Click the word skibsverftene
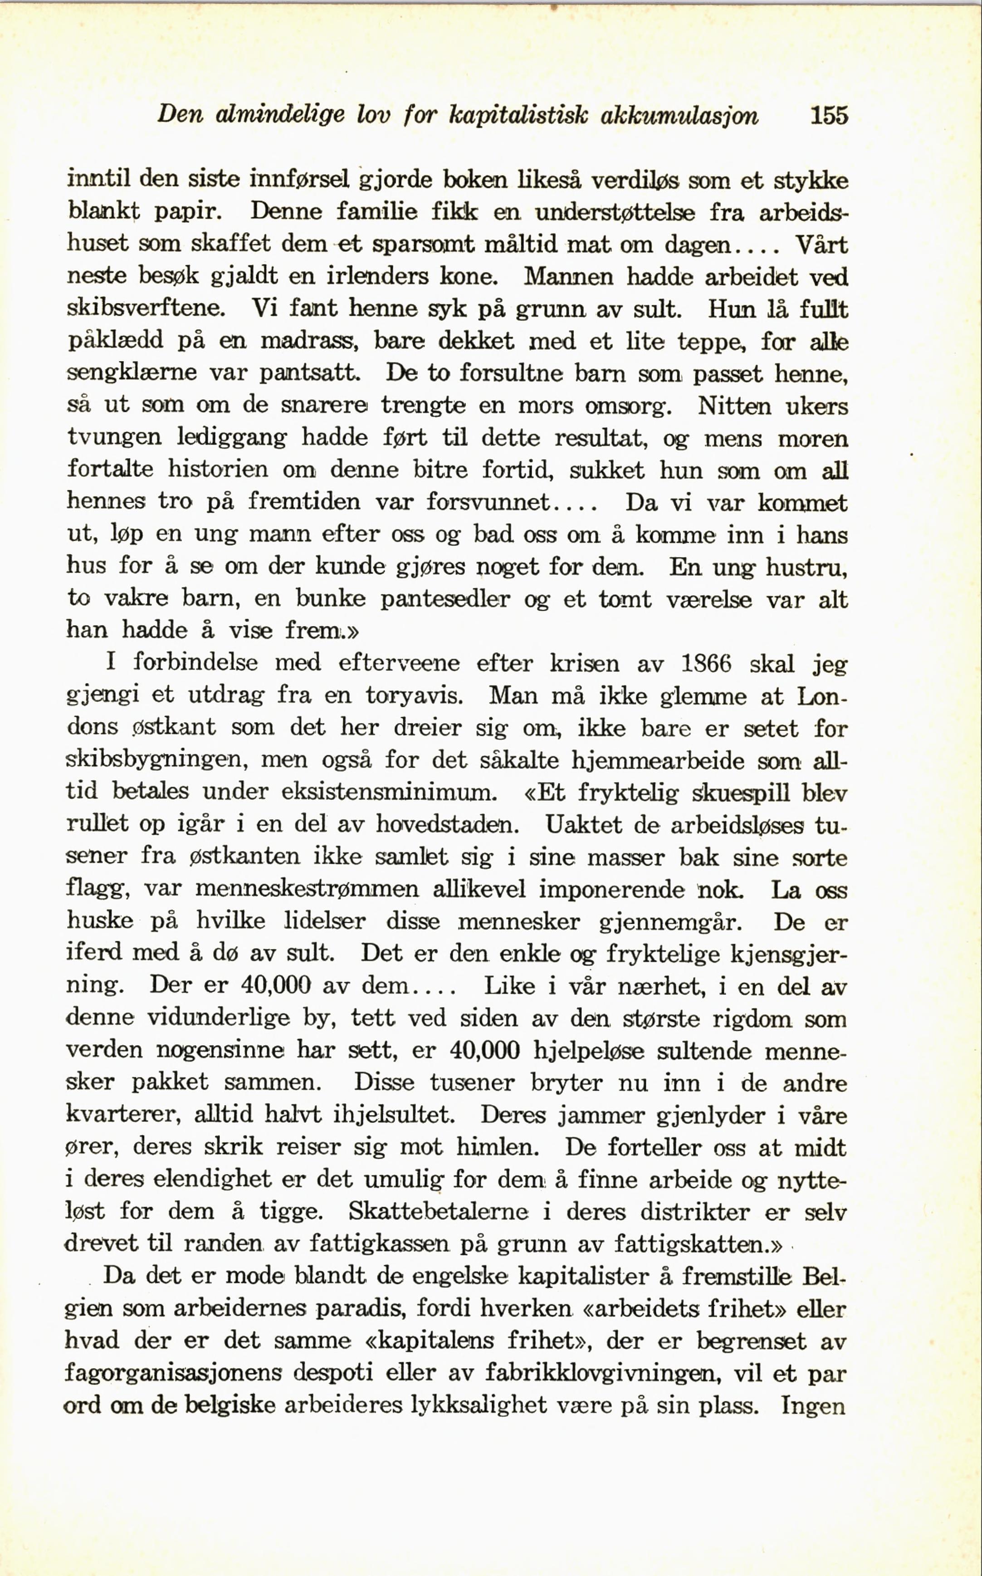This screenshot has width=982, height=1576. click(x=146, y=308)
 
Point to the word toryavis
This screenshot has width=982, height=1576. click(x=414, y=696)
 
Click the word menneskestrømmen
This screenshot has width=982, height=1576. click(x=308, y=889)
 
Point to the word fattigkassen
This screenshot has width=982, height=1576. click(x=379, y=1243)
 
